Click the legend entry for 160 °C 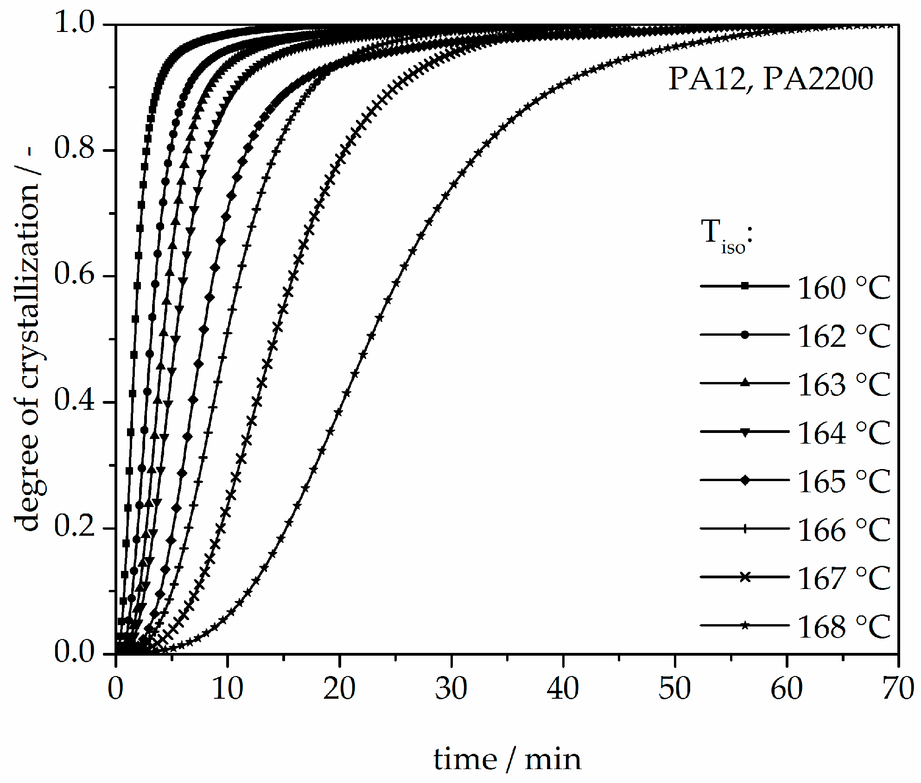844,288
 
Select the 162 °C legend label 844,336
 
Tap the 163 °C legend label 844,385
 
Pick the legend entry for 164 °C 844,433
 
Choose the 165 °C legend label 844,482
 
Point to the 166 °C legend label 844,530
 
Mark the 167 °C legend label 844,578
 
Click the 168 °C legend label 844,627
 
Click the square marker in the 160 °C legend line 745,286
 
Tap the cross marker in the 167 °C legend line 745,577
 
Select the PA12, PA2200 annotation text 770,79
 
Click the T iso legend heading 726,235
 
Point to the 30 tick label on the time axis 451,689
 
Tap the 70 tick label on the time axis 898,689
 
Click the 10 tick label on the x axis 228,689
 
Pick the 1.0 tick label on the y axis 74,22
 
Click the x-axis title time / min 507,760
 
